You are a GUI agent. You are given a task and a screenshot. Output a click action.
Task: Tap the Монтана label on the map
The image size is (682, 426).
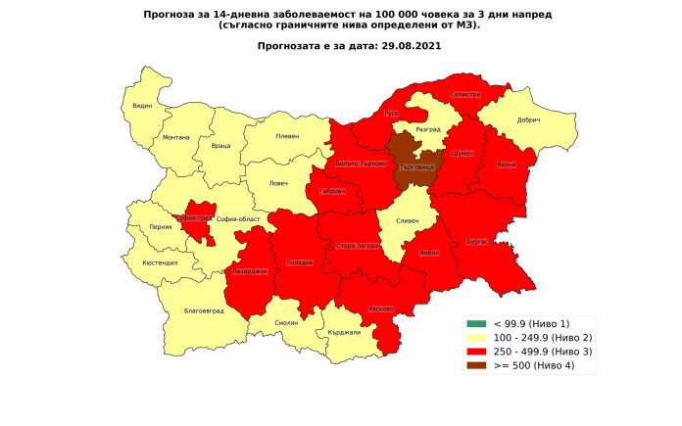(176, 137)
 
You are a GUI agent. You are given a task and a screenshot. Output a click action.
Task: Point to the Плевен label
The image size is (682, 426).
(287, 136)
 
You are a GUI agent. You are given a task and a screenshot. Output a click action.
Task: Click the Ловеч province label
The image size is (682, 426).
(280, 182)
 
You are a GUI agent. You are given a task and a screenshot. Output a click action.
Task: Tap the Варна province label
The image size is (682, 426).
(507, 164)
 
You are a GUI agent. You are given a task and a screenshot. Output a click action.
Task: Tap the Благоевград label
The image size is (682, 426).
(204, 310)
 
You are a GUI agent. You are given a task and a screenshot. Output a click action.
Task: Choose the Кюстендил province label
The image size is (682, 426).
(159, 264)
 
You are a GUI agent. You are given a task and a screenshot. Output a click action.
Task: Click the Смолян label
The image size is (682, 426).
(286, 322)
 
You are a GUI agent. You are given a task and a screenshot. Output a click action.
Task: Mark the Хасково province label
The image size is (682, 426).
(381, 308)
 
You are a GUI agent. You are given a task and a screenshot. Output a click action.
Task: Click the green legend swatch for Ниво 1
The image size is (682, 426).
(476, 323)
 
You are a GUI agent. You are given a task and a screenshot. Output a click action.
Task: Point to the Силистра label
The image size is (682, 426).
(464, 94)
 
